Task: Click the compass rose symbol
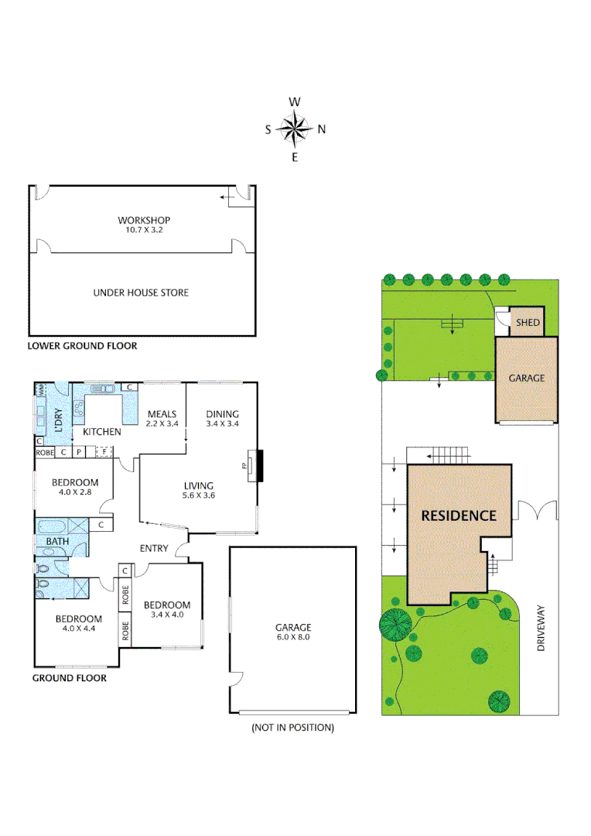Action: point(295,129)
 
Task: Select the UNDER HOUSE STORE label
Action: point(141,293)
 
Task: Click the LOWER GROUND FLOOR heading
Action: point(83,346)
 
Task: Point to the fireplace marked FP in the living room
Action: point(250,466)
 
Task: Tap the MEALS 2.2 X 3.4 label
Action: point(162,419)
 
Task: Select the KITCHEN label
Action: point(101,432)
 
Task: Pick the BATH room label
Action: point(56,541)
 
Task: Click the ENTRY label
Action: point(154,549)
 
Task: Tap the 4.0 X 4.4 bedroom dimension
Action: point(77,629)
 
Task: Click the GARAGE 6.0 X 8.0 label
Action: point(293,632)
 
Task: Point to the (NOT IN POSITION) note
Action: point(293,728)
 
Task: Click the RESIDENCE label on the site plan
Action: point(458,516)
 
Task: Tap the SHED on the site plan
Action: point(527,323)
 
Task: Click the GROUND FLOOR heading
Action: point(69,678)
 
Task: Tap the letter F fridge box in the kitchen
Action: point(101,451)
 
